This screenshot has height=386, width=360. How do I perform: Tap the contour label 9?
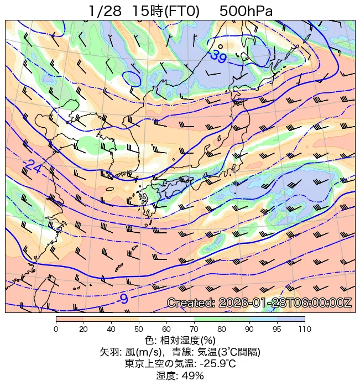tap(124, 299)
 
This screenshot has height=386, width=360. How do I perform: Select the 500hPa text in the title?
tap(246, 11)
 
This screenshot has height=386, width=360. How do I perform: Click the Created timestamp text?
tap(259, 303)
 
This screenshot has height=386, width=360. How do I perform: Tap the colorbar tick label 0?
tap(56, 330)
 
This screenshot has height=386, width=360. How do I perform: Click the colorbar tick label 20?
tap(84, 330)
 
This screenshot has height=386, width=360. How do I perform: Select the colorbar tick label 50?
tap(139, 330)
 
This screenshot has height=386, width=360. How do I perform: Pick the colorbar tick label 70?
tap(194, 330)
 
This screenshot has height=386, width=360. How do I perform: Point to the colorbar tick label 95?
tap(277, 330)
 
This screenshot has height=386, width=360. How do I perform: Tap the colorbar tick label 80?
tap(222, 330)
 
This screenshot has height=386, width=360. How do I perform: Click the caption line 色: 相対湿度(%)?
tap(180, 340)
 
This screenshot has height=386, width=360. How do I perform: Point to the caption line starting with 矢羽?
tap(180, 352)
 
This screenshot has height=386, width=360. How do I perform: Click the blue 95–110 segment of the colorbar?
tap(291, 319)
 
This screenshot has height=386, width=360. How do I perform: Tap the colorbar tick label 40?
tap(111, 330)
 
